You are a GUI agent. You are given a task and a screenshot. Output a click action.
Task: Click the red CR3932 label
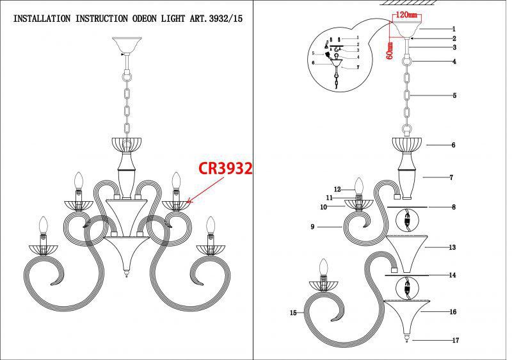coord(225,168)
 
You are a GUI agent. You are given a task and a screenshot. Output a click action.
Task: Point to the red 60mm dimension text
coord(388,49)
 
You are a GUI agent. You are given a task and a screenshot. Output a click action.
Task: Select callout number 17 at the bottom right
coord(455,340)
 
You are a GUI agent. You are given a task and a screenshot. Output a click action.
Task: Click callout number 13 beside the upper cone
coord(452,247)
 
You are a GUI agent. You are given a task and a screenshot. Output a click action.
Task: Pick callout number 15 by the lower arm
coord(294,313)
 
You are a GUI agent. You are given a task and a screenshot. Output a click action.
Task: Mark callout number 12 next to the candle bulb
coord(337,189)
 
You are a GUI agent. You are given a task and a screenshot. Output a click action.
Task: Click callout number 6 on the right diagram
coord(453,145)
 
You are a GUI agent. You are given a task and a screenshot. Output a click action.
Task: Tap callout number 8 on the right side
coord(453,207)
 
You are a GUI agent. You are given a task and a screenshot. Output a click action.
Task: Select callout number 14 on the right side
coord(452,275)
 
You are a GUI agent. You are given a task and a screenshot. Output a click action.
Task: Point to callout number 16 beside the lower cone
coord(452,312)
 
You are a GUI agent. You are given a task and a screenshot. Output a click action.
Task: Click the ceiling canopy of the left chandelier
coord(125,47)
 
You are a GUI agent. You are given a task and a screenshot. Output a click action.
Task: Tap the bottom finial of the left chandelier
coord(125,275)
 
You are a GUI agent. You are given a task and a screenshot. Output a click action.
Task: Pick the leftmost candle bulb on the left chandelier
coord(44,226)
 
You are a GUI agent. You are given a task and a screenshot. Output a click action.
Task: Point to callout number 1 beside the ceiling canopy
coord(454,29)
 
